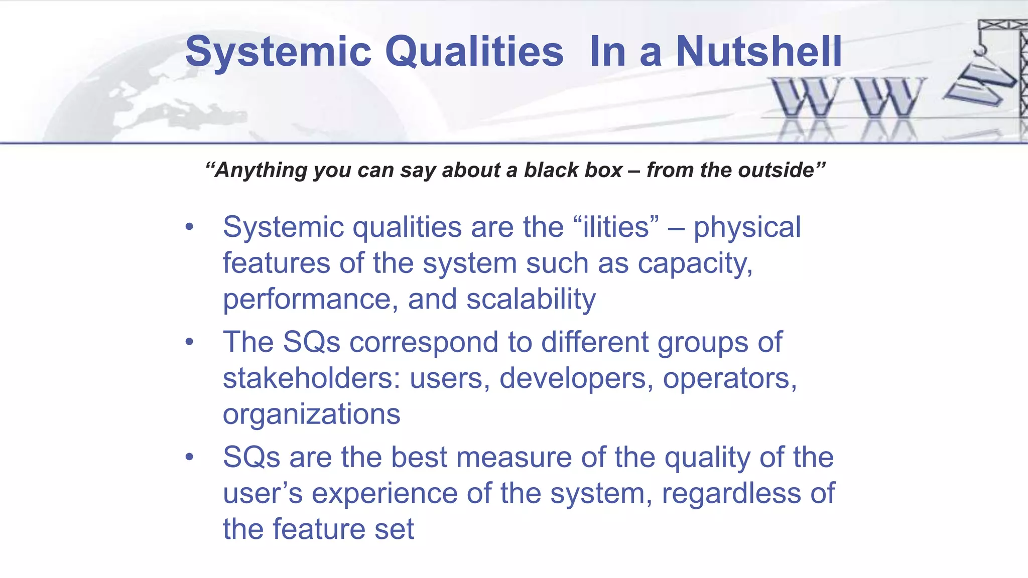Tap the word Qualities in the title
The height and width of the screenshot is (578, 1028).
tap(474, 52)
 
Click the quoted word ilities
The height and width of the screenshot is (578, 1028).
tap(620, 227)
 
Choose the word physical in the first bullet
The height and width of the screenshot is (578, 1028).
tap(747, 228)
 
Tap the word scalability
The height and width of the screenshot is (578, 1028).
tap(531, 300)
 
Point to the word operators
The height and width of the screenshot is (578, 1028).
tap(729, 379)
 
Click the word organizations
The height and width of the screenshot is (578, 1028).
tap(311, 415)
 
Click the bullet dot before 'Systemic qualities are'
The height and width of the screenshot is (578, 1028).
tap(189, 228)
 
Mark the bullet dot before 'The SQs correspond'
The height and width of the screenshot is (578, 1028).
tap(189, 343)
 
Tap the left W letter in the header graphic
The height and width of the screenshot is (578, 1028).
tap(806, 97)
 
